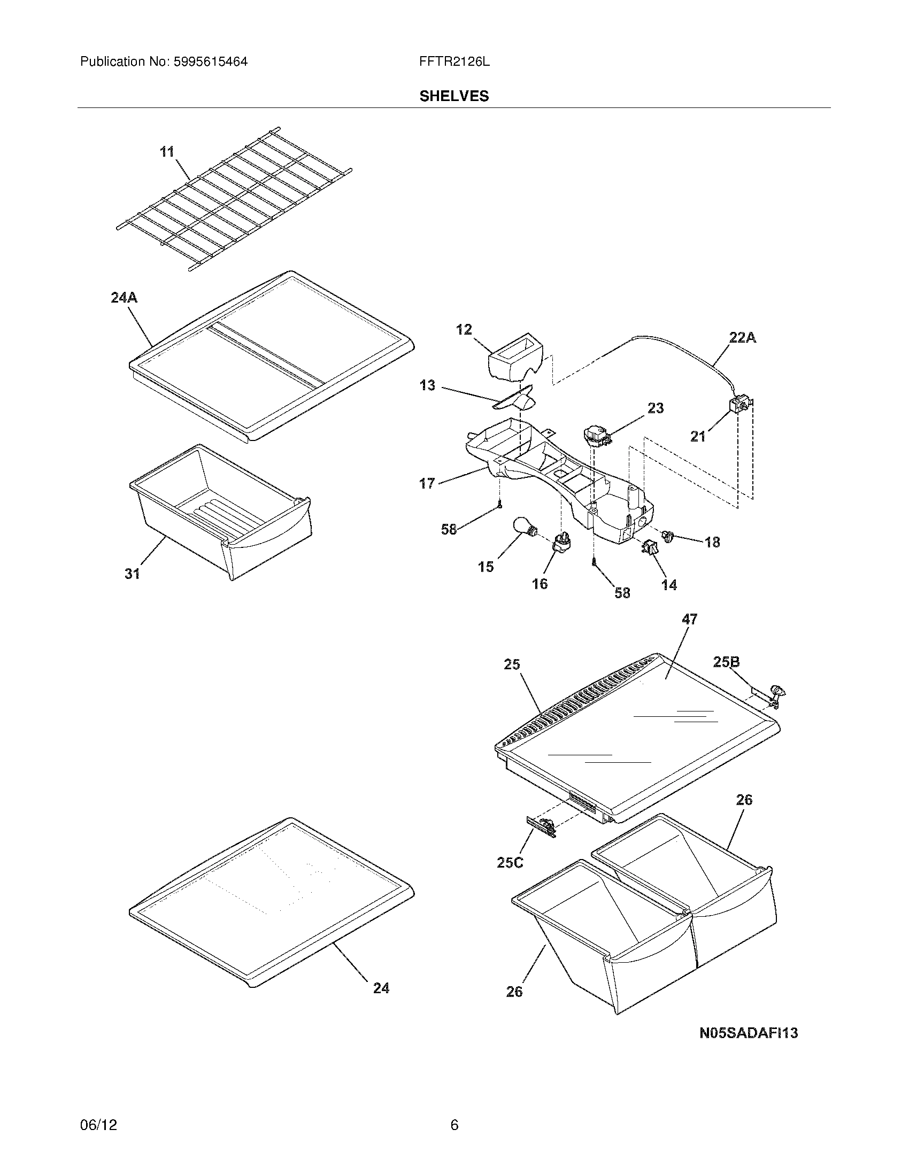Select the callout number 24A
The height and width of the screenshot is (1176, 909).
124,297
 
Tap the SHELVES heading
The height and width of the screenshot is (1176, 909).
454,96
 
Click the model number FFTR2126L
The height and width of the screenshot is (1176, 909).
454,62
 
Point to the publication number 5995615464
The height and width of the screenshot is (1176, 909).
210,62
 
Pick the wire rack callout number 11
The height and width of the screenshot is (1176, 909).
167,152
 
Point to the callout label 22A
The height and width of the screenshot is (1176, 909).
742,338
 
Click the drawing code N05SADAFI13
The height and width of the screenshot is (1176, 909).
748,1033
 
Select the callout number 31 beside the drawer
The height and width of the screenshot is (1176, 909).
133,574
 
